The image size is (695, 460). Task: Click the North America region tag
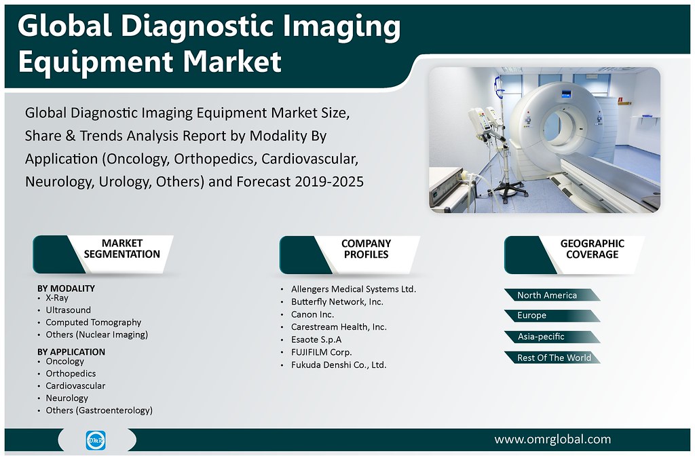[547, 295]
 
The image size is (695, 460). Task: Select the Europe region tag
[531, 315]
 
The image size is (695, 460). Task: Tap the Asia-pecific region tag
[541, 337]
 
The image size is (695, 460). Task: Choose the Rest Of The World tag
[554, 358]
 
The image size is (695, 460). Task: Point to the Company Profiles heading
[366, 249]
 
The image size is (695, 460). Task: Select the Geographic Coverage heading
[592, 249]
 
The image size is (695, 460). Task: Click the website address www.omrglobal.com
[552, 440]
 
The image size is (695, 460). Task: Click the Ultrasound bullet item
[68, 310]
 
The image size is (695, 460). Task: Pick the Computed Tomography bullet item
[93, 322]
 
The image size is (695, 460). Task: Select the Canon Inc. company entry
[312, 315]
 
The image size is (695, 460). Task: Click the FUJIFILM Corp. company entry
[321, 352]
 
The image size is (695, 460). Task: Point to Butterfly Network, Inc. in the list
[337, 302]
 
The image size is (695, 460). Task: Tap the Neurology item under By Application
[67, 398]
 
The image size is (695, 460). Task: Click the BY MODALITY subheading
[66, 288]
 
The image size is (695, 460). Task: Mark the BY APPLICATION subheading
[71, 351]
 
